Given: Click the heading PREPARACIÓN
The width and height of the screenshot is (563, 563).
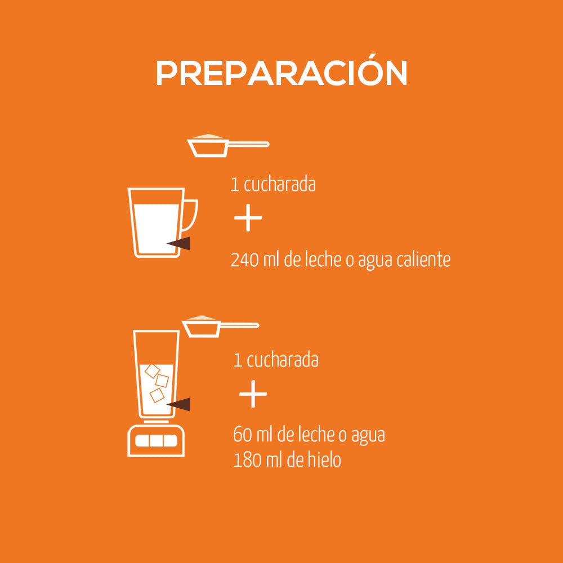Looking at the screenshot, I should point(281,73).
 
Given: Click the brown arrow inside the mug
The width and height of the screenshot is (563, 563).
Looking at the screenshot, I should point(180,243).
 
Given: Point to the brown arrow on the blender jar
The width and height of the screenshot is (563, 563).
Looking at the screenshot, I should point(180,404).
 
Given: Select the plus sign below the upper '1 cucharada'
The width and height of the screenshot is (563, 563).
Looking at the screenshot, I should point(248,220).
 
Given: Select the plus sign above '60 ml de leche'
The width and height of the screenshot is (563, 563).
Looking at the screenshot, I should point(253,394).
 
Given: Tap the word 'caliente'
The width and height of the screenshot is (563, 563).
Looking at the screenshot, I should point(423,260).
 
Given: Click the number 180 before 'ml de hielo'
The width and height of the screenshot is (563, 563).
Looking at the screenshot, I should point(246,460).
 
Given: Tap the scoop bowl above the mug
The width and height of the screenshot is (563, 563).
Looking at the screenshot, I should point(208,148).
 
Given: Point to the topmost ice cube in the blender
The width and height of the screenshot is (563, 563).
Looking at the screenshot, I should point(152,370).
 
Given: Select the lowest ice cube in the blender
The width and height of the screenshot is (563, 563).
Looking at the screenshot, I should point(157,395).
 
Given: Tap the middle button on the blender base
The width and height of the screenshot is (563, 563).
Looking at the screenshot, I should point(157,441).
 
